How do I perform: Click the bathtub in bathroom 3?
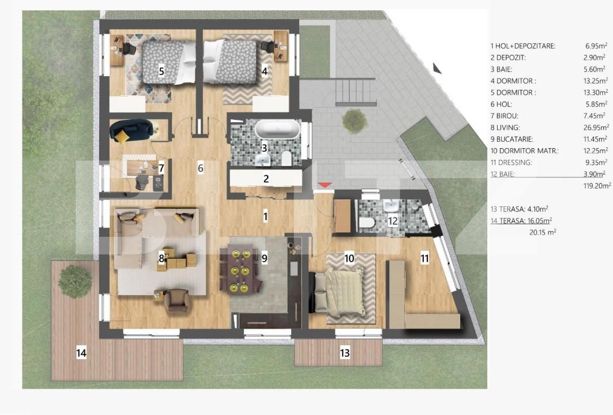coord(277,129)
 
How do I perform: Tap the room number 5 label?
coord(161,71)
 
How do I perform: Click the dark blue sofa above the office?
coord(131,130)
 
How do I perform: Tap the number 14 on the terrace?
coord(81,353)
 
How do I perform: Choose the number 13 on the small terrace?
coord(345,353)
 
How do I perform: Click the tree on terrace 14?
coord(76,281)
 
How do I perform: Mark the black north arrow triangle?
coord(437,69)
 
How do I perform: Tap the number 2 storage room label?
coord(266,179)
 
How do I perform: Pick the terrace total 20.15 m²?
coord(543,232)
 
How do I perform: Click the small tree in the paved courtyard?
coord(352,120)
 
